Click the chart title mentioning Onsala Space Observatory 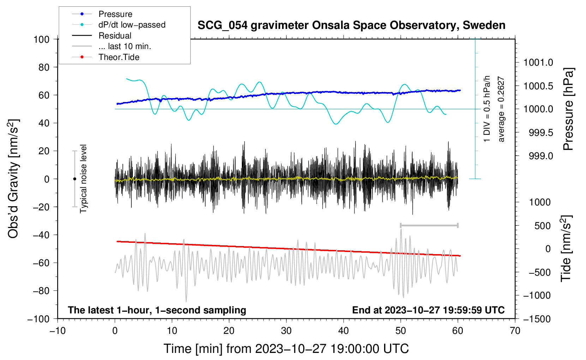(351, 25)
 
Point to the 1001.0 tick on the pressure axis (538, 62)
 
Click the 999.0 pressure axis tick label (541, 156)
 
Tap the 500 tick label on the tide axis (542, 226)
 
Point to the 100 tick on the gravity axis (42, 40)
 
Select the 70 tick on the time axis (515, 331)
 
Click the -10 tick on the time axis (58, 331)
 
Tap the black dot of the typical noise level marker (74, 179)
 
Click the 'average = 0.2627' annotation (501, 109)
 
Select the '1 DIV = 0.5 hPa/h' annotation (486, 109)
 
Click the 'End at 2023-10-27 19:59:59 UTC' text (428, 310)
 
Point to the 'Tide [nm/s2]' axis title (566, 248)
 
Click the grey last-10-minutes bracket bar (429, 225)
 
